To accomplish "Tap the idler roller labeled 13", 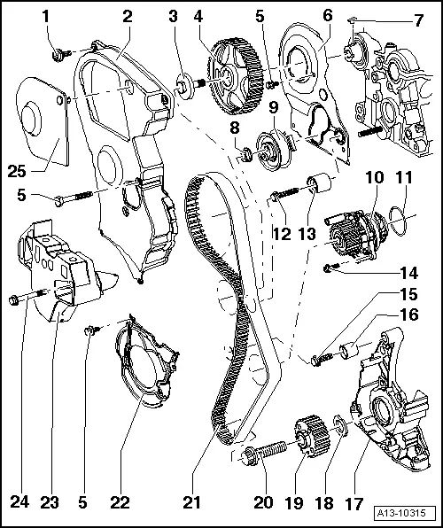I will tap(316, 190).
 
